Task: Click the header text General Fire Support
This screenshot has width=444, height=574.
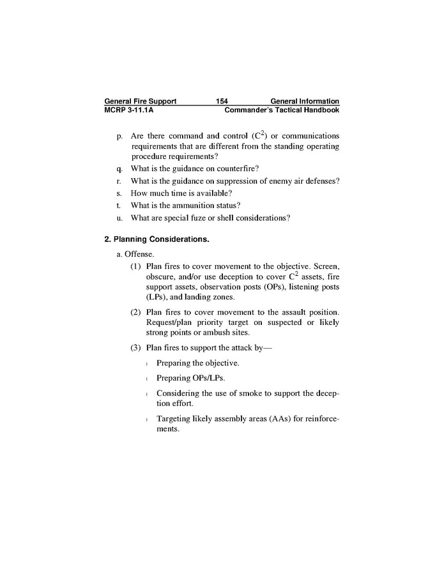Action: pyautogui.click(x=140, y=102)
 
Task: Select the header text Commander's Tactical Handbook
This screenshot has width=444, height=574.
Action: pyautogui.click(x=282, y=110)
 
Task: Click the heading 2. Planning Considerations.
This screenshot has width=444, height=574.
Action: pyautogui.click(x=157, y=240)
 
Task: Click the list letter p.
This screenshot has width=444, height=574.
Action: pyautogui.click(x=119, y=137)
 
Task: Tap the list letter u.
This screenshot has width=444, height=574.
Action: pyautogui.click(x=119, y=218)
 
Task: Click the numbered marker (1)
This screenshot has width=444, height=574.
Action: pyautogui.click(x=136, y=266)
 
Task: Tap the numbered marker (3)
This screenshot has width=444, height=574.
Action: pyautogui.click(x=136, y=348)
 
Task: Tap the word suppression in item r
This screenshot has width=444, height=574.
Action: pyautogui.click(x=222, y=181)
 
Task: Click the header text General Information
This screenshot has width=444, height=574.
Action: pyautogui.click(x=305, y=102)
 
